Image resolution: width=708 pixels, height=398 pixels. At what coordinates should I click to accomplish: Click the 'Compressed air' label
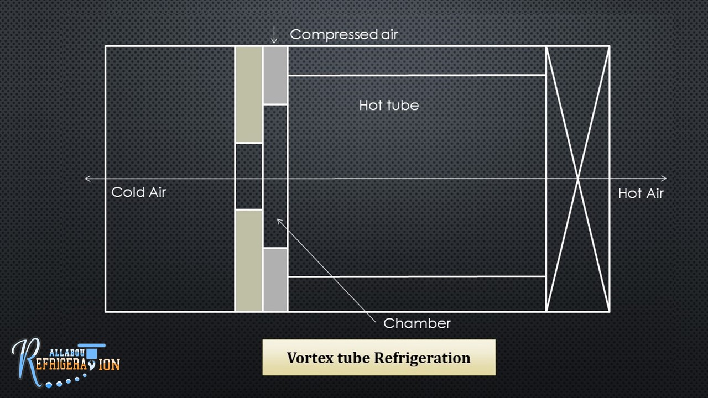click(343, 34)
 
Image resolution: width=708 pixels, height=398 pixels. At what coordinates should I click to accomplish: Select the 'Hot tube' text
click(389, 105)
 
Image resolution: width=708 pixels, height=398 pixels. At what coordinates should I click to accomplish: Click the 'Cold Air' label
click(138, 192)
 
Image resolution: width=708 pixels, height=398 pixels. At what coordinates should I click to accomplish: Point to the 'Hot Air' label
click(641, 193)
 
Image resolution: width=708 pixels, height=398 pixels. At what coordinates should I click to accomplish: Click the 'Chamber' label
click(417, 323)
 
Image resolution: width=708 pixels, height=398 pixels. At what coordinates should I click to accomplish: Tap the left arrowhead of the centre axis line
click(87, 179)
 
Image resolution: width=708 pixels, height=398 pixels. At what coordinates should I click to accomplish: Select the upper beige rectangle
click(248, 95)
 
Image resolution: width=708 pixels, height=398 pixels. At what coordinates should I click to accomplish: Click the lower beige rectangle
click(248, 260)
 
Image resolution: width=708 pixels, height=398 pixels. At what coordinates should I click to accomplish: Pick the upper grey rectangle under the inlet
click(275, 75)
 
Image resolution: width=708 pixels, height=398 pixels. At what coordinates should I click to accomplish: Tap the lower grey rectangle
click(275, 280)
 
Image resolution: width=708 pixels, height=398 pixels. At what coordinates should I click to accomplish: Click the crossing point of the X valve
click(578, 179)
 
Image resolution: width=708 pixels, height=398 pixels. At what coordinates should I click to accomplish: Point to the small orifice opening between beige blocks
click(248, 176)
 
